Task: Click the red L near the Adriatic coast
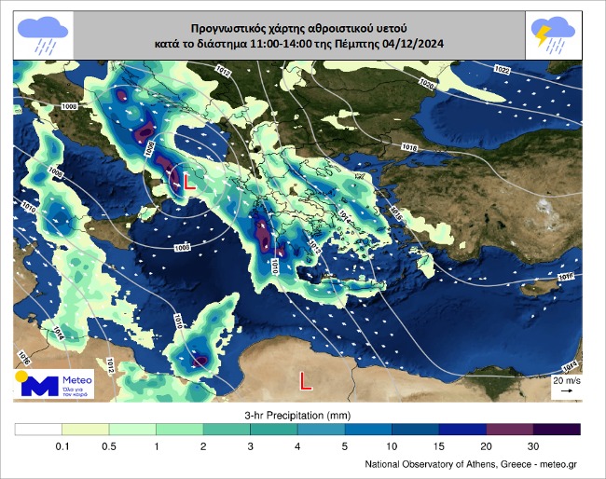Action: (189, 182)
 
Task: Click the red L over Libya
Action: (305, 379)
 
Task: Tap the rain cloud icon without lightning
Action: (41, 33)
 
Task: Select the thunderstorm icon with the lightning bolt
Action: (553, 33)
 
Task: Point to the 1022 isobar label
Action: (501, 71)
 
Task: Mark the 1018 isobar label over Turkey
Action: (408, 147)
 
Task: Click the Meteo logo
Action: (52, 384)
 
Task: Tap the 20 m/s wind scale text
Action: (566, 380)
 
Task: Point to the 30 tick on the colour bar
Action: (533, 447)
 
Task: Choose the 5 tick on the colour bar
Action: (345, 447)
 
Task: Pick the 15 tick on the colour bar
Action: (439, 447)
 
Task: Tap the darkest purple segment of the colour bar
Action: (557, 430)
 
